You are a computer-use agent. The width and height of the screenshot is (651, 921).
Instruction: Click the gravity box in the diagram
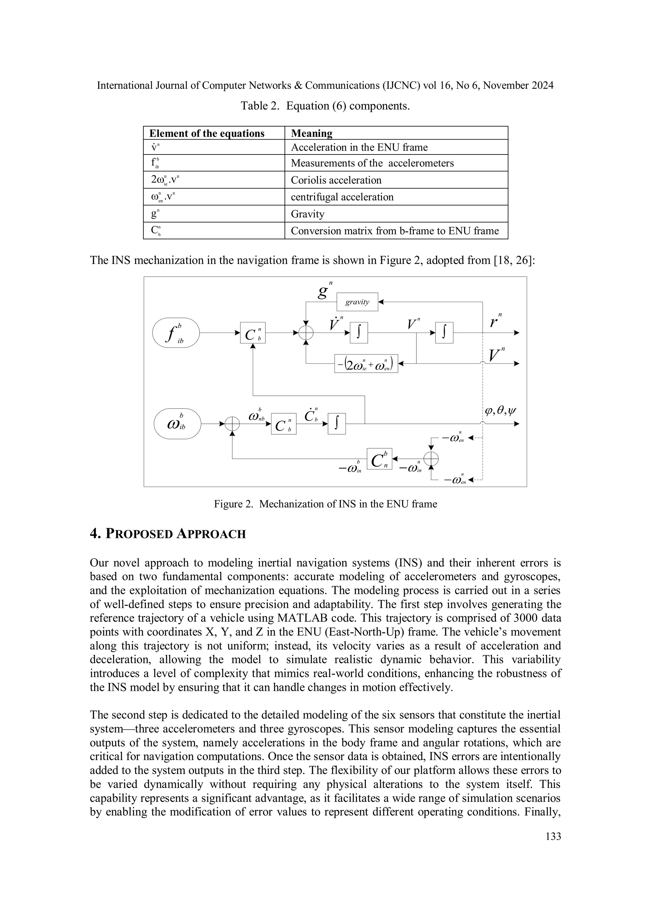point(357,302)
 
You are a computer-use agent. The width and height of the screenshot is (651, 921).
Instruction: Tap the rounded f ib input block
point(176,333)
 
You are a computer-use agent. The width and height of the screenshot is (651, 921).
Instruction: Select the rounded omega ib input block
point(177,423)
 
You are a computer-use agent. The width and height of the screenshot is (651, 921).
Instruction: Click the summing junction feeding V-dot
point(306,333)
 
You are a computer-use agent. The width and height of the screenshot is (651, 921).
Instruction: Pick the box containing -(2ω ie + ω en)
point(366,363)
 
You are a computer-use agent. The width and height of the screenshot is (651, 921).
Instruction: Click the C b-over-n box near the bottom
point(379,459)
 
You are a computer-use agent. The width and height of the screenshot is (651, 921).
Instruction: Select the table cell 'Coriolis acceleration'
point(336,180)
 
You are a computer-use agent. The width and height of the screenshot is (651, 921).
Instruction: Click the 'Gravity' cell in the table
point(308,214)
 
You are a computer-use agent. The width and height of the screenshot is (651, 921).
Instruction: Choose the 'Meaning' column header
point(312,133)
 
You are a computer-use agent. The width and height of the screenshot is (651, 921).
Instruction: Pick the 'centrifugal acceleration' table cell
point(342,197)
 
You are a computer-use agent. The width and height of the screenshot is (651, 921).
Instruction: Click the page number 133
point(553,836)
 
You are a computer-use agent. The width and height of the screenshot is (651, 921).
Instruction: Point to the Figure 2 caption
point(325,504)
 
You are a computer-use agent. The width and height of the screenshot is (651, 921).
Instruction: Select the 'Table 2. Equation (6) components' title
point(325,106)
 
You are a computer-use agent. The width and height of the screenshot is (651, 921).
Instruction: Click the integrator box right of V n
point(444,333)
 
